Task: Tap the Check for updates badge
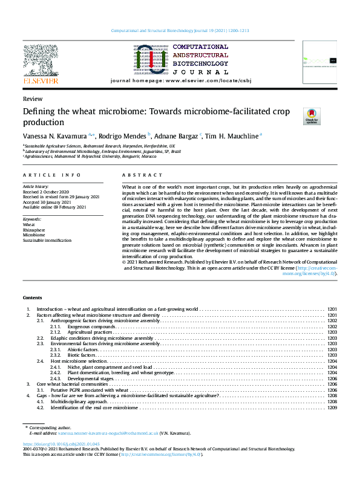click(x=311, y=116)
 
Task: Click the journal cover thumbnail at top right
click(x=319, y=61)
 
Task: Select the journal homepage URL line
click(x=180, y=81)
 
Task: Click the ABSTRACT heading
click(x=135, y=175)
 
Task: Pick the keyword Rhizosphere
click(x=33, y=229)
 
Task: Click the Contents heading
click(x=33, y=298)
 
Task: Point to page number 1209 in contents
click(x=332, y=407)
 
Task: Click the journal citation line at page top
click(x=180, y=30)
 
